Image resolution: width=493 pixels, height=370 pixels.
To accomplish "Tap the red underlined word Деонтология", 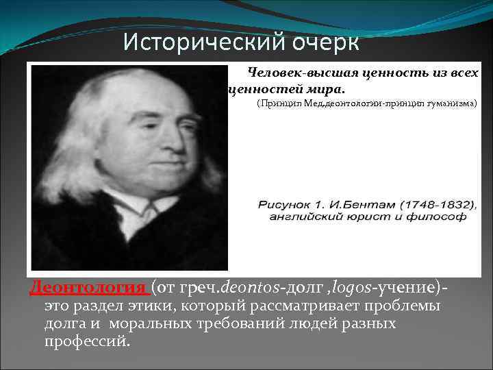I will click(x=88, y=286).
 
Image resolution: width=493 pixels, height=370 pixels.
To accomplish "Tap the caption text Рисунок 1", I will click(x=286, y=204).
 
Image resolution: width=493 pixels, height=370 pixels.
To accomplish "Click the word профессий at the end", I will click(x=85, y=341).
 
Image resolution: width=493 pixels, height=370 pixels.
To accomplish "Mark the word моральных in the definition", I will click(x=153, y=323).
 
